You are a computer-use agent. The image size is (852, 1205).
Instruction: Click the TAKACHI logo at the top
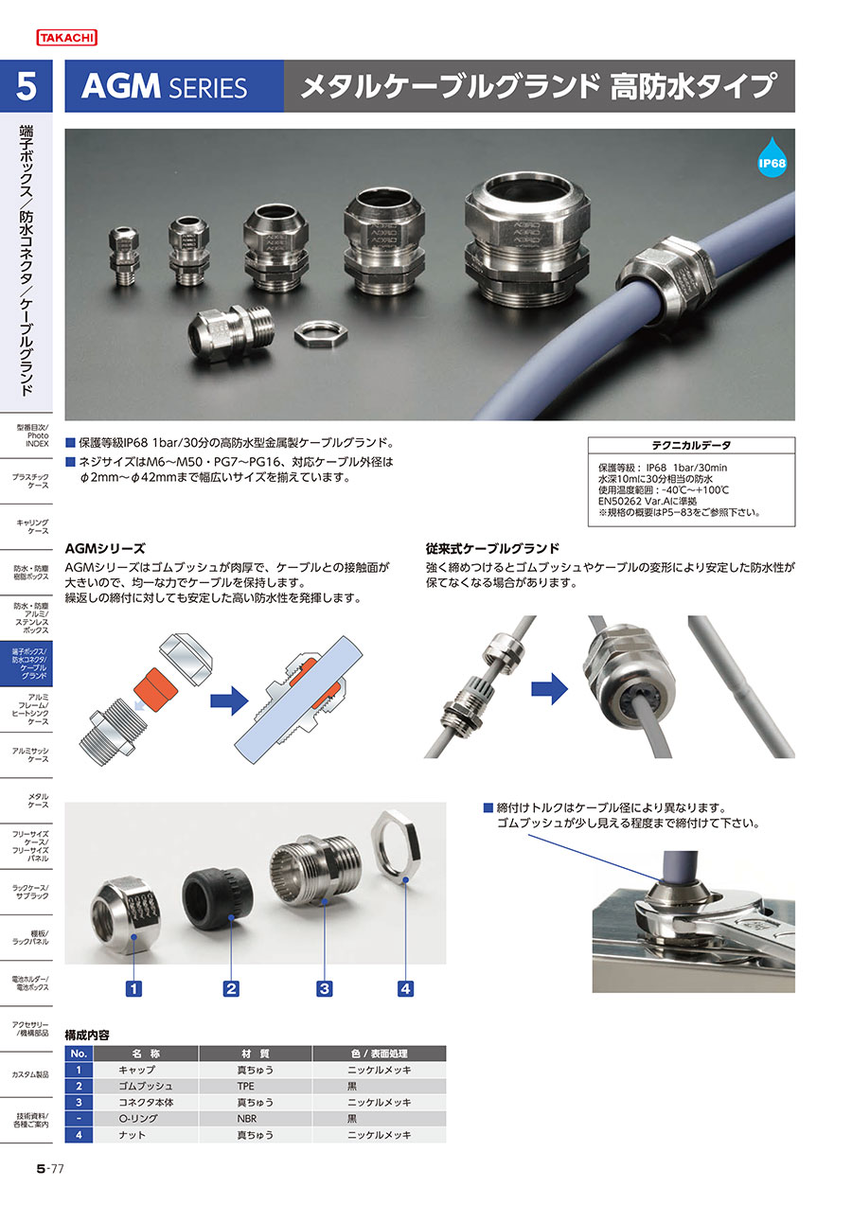(x=66, y=38)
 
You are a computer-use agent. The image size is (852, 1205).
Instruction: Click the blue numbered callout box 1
(x=133, y=989)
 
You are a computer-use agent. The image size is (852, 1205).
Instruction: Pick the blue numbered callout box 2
(x=231, y=989)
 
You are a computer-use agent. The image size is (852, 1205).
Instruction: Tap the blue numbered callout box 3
(x=325, y=989)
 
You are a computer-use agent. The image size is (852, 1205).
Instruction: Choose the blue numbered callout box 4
(x=405, y=989)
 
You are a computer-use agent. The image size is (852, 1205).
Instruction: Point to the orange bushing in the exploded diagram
(x=155, y=690)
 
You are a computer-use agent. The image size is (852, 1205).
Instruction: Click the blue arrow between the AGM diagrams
(x=229, y=700)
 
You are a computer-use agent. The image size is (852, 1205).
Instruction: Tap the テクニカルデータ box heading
(x=691, y=446)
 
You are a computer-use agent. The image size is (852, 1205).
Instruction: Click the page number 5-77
(x=50, y=1169)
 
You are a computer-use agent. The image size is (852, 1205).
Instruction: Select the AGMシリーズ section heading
(x=105, y=549)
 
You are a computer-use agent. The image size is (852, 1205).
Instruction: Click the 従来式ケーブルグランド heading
(x=492, y=549)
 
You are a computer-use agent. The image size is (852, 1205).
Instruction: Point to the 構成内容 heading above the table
(x=86, y=1035)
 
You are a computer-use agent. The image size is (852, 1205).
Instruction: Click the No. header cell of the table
(x=79, y=1054)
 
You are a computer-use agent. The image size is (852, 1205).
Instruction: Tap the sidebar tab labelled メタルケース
(x=38, y=801)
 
